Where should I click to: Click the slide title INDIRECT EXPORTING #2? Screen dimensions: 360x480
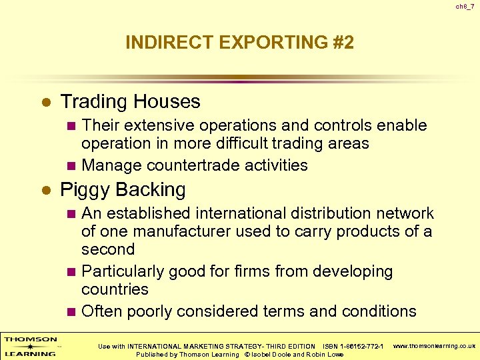[239, 43]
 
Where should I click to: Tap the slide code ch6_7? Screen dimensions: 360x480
[465, 7]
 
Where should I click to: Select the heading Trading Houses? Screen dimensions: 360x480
[130, 101]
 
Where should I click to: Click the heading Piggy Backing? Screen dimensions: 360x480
[123, 189]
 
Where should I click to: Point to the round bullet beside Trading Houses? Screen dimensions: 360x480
[46, 103]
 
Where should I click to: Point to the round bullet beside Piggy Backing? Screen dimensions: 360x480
[46, 191]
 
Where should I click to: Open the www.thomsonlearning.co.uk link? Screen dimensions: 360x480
[434, 346]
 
